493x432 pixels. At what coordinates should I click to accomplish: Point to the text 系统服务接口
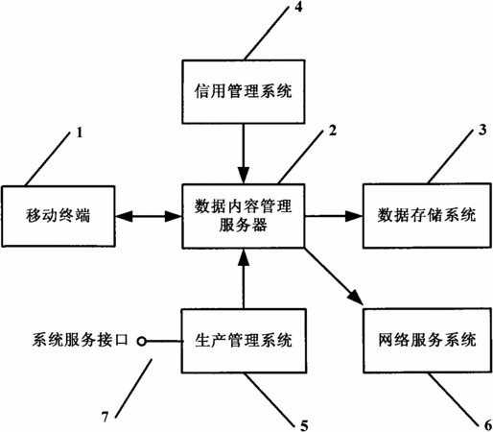pos(80,340)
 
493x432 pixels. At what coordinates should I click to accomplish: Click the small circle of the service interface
pos(142,342)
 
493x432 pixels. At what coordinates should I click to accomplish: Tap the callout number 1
pos(80,132)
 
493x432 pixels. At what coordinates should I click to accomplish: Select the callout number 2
pos(333,131)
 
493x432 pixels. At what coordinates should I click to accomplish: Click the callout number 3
pos(482,130)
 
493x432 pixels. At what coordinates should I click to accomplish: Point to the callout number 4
pos(298,7)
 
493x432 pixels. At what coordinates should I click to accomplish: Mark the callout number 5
pos(304,426)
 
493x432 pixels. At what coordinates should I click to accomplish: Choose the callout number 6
pos(488,425)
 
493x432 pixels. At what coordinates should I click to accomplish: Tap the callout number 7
pos(106,417)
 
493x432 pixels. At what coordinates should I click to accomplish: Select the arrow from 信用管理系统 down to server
pos(244,154)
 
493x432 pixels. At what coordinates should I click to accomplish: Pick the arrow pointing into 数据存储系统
pos(334,216)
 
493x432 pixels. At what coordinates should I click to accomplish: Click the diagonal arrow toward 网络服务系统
pos(334,276)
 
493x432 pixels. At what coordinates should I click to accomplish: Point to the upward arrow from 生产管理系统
pos(244,278)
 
